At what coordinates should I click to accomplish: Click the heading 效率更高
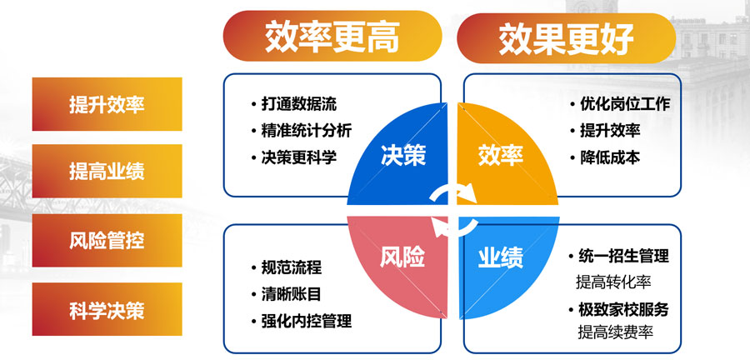[332, 37]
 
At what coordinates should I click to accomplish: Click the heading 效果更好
[567, 37]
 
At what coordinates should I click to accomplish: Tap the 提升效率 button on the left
[107, 105]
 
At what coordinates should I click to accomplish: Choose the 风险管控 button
[107, 242]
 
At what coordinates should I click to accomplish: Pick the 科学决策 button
[107, 310]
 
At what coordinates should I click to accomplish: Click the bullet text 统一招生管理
[624, 257]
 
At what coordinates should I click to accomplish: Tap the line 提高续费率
[614, 332]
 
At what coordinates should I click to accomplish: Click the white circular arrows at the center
[452, 207]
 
